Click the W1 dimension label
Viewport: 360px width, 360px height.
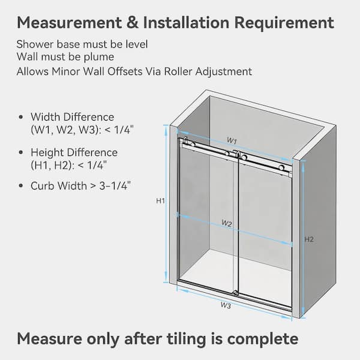click(x=232, y=140)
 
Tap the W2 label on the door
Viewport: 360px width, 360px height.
click(x=227, y=223)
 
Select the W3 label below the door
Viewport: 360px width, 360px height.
click(x=226, y=305)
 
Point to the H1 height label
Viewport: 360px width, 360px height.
click(x=160, y=201)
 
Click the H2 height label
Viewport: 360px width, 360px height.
click(x=309, y=239)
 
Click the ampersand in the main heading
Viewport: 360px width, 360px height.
click(x=133, y=23)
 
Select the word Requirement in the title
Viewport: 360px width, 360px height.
click(x=284, y=23)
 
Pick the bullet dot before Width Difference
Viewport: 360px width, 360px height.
click(x=21, y=117)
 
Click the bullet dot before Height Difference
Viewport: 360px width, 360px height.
click(x=21, y=152)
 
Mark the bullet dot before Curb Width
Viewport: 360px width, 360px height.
click(x=21, y=186)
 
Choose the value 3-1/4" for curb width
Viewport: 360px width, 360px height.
click(x=115, y=185)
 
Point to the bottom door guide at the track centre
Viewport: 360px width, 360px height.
click(x=235, y=293)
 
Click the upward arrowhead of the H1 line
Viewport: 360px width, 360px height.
click(x=166, y=128)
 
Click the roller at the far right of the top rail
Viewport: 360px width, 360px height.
click(x=282, y=167)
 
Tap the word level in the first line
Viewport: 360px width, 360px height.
click(x=137, y=44)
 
